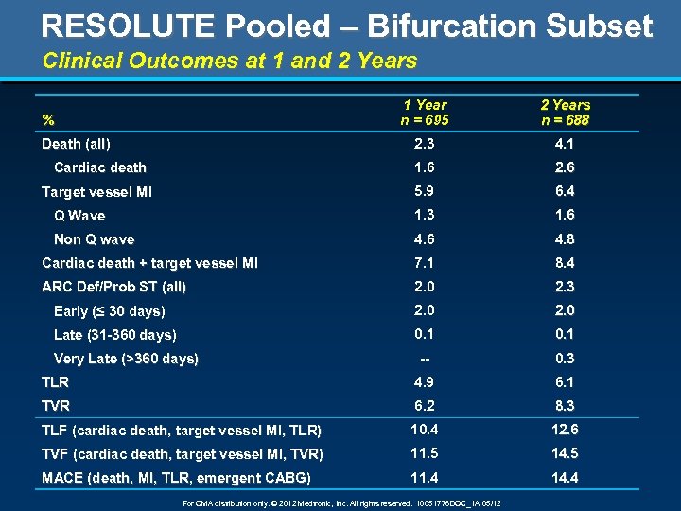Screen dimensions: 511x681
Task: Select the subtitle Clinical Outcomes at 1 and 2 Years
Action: click(x=230, y=62)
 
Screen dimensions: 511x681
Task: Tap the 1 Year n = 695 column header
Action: click(x=425, y=113)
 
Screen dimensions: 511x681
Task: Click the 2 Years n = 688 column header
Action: click(x=565, y=113)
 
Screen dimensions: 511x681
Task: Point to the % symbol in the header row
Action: click(x=48, y=120)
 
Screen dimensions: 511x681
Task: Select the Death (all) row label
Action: click(x=76, y=144)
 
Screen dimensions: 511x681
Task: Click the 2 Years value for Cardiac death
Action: click(x=565, y=167)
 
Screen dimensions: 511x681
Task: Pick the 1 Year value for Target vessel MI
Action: click(x=425, y=191)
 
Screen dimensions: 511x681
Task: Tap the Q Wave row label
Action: click(x=79, y=216)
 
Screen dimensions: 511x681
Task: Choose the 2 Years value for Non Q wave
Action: click(x=565, y=239)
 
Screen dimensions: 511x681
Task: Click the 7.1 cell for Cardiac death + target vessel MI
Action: click(x=425, y=263)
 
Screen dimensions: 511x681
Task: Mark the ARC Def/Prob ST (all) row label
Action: click(x=113, y=287)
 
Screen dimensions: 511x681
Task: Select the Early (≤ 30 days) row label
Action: click(x=110, y=311)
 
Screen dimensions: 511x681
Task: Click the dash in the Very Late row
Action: click(x=425, y=359)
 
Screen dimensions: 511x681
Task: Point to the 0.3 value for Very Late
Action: click(x=565, y=359)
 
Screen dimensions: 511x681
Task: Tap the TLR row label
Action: click(x=55, y=382)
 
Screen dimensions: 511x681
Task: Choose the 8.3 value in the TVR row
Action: click(x=565, y=406)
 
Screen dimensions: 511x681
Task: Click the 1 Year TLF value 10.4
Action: click(x=425, y=430)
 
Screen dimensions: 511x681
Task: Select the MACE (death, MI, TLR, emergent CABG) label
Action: click(x=176, y=478)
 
